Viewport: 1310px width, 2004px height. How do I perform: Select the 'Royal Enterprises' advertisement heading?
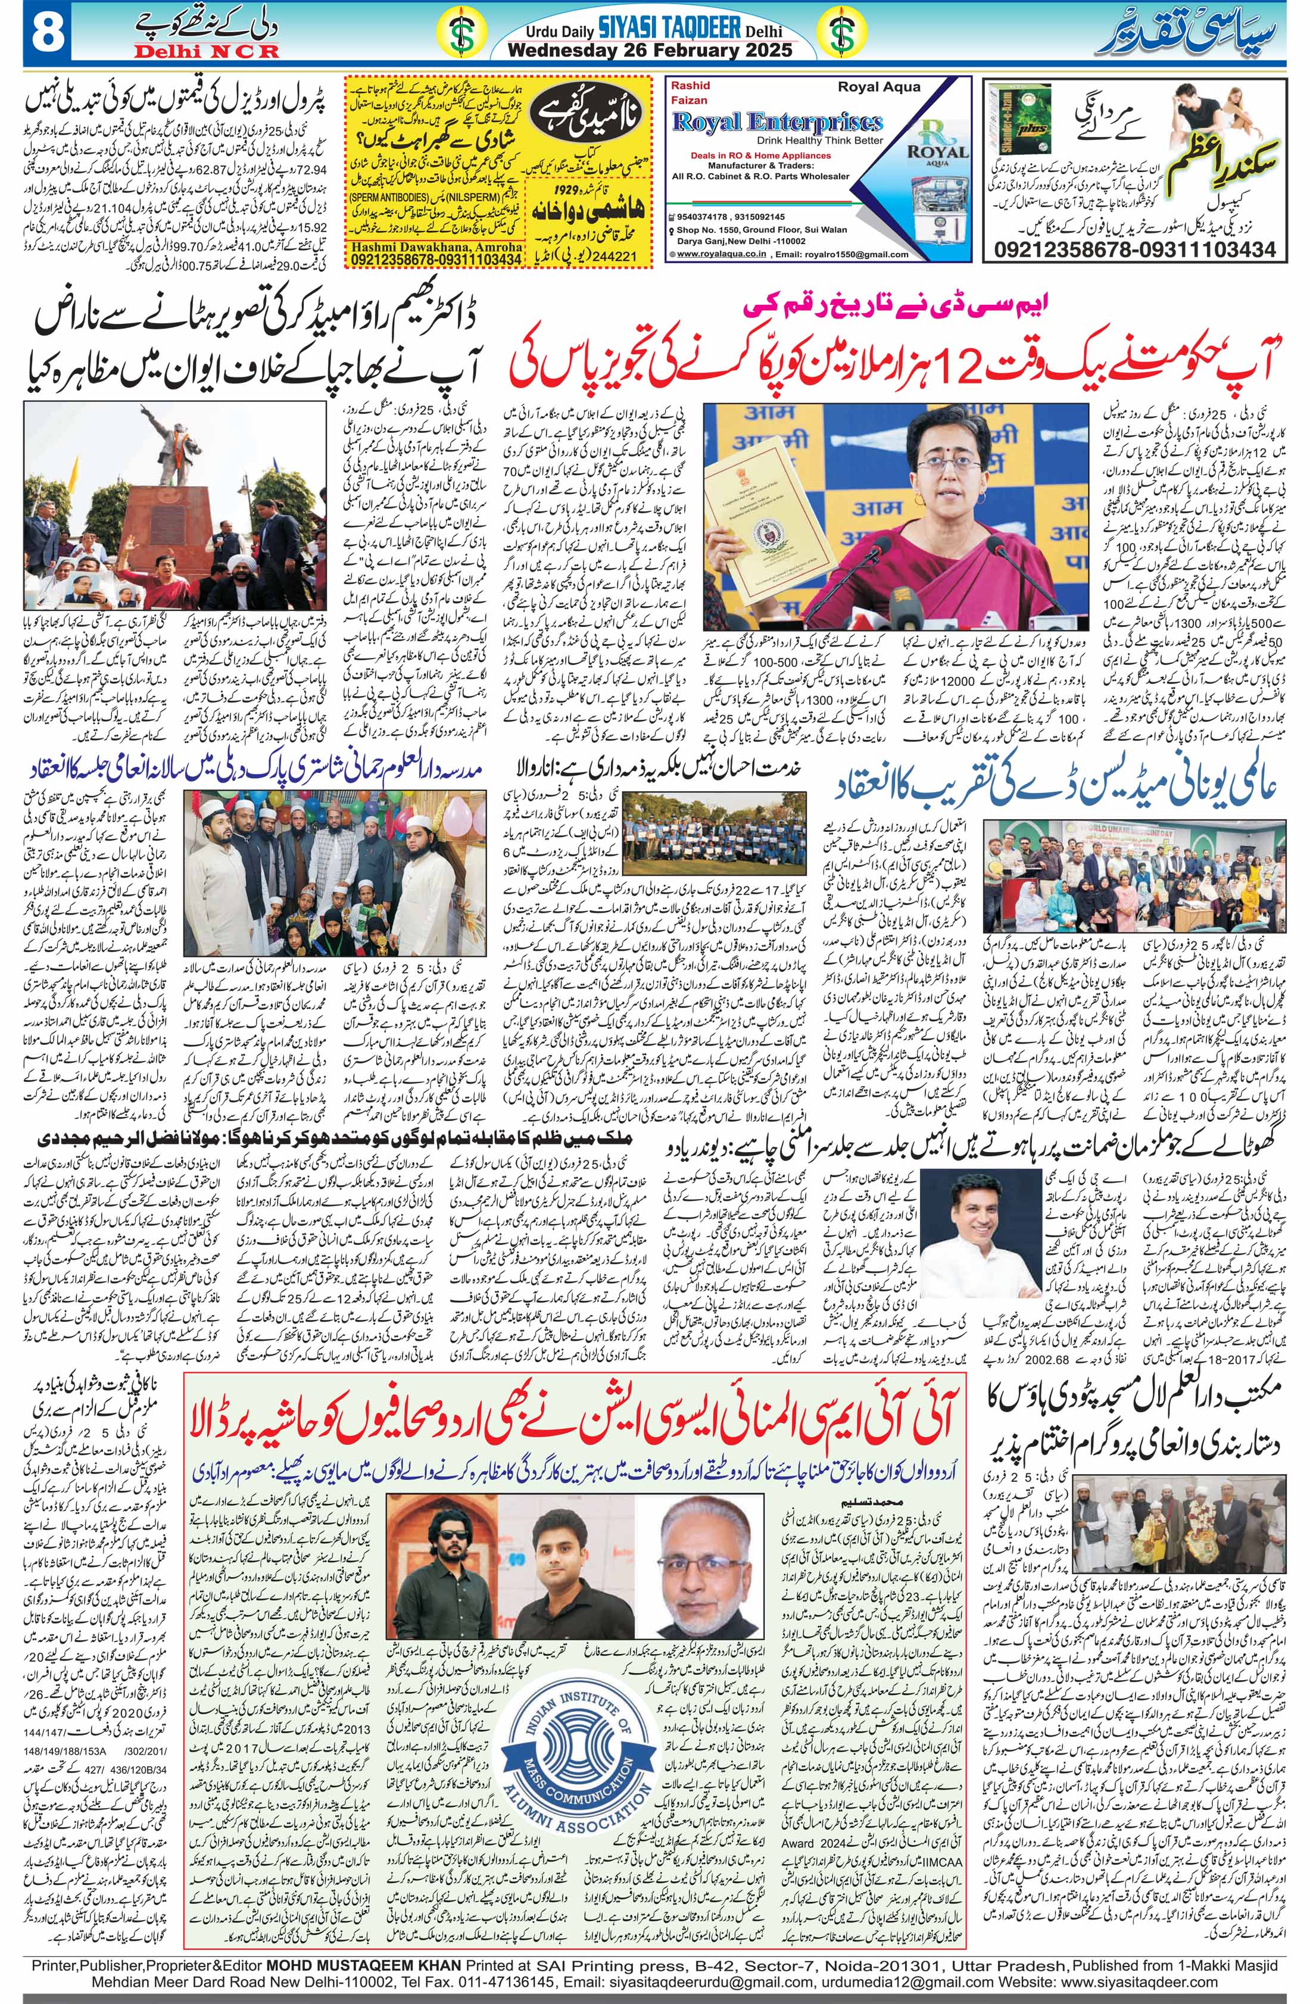click(777, 122)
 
